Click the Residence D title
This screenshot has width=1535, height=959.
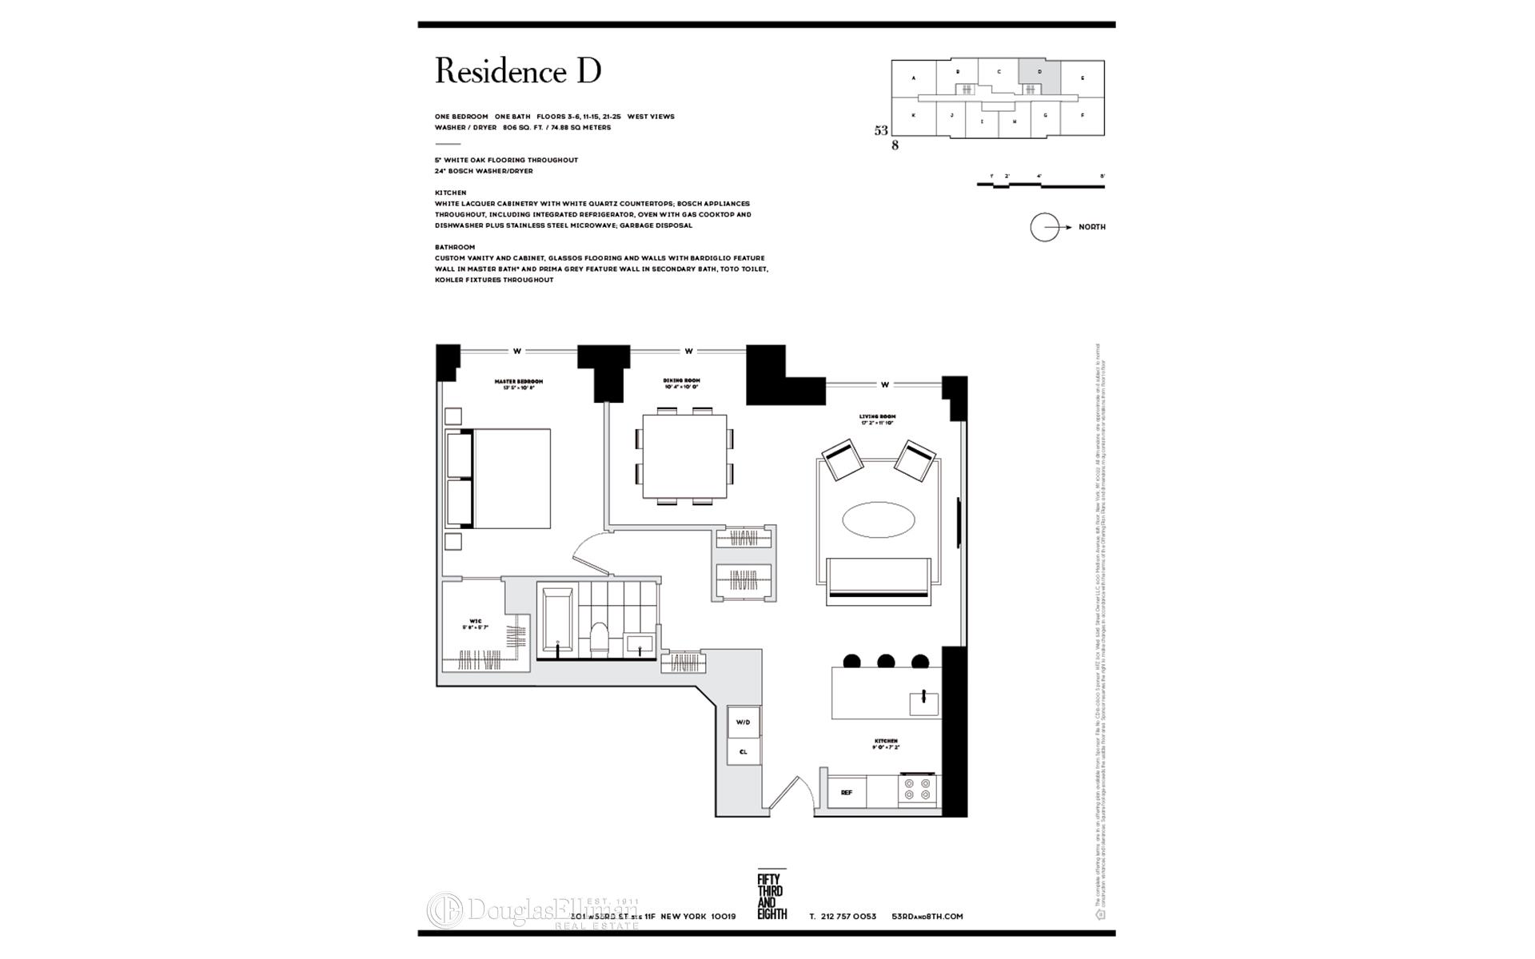coord(517,72)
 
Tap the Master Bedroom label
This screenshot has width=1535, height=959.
coord(518,384)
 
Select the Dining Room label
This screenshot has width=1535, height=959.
coord(681,383)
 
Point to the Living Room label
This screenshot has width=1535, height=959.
coord(877,419)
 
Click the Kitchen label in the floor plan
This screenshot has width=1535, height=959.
coord(885,744)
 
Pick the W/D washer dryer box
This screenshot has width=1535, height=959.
coord(743,722)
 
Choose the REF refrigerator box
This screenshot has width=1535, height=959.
coord(846,793)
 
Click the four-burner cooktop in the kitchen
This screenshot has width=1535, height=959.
coord(917,790)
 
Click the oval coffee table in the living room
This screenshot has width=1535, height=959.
coord(878,521)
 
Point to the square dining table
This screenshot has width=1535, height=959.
coord(684,456)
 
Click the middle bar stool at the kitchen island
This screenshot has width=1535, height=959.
coord(886,661)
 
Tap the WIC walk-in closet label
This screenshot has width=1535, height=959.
coord(475,624)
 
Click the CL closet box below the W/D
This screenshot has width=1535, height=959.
coord(743,752)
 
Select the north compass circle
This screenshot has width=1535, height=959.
coord(1044,228)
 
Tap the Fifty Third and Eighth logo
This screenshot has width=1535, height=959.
coord(771,896)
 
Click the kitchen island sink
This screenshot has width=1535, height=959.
coord(923,703)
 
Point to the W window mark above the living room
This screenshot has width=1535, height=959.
coord(884,385)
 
